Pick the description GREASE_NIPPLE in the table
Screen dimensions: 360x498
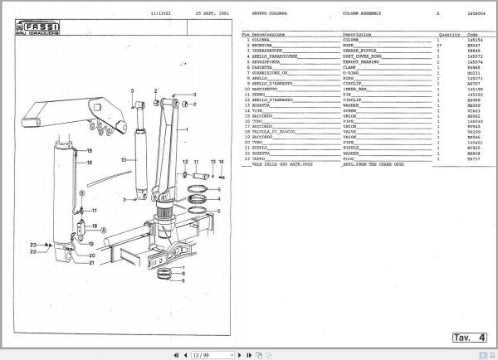pos(359,51)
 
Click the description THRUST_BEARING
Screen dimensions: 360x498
pos(361,62)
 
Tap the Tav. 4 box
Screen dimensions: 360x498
pos(470,337)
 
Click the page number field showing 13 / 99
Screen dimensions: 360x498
pos(201,355)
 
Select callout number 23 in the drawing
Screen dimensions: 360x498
pos(32,245)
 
